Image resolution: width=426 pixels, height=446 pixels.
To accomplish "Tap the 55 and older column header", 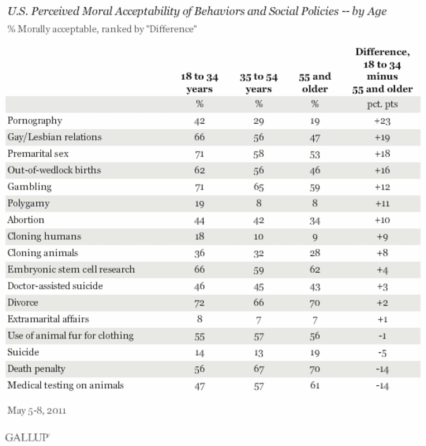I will pyautogui.click(x=314, y=83).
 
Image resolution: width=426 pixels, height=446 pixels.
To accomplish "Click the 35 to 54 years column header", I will pyautogui.click(x=259, y=83).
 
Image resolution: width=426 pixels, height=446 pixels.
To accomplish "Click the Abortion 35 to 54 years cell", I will pyautogui.click(x=259, y=219).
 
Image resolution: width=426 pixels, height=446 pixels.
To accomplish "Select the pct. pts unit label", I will pyautogui.click(x=384, y=104).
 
